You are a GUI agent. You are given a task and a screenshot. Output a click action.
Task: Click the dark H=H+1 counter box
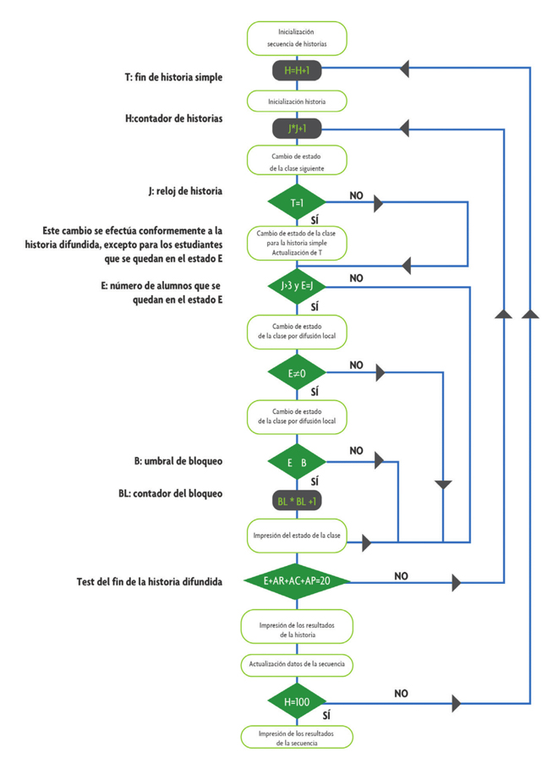(296, 69)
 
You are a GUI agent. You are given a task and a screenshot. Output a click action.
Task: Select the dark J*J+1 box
(296, 129)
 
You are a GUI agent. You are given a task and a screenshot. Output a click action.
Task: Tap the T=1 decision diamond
(296, 203)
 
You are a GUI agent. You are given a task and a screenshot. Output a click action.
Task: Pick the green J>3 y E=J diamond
(296, 288)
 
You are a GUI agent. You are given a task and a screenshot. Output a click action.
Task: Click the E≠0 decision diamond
(296, 372)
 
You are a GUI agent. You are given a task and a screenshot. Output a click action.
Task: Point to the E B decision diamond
(296, 462)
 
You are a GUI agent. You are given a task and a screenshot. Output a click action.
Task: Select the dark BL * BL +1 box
(296, 501)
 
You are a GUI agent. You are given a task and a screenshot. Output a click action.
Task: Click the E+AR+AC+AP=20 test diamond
(296, 582)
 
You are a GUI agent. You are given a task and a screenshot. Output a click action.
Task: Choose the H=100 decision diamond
(296, 702)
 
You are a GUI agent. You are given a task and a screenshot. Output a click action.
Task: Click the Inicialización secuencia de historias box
(296, 36)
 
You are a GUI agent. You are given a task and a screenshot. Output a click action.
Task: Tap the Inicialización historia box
(296, 101)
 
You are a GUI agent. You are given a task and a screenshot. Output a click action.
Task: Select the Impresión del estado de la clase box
(296, 536)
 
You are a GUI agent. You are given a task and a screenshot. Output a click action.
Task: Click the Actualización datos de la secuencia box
(296, 665)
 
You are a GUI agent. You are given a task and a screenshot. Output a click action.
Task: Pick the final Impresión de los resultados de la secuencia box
(296, 738)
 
